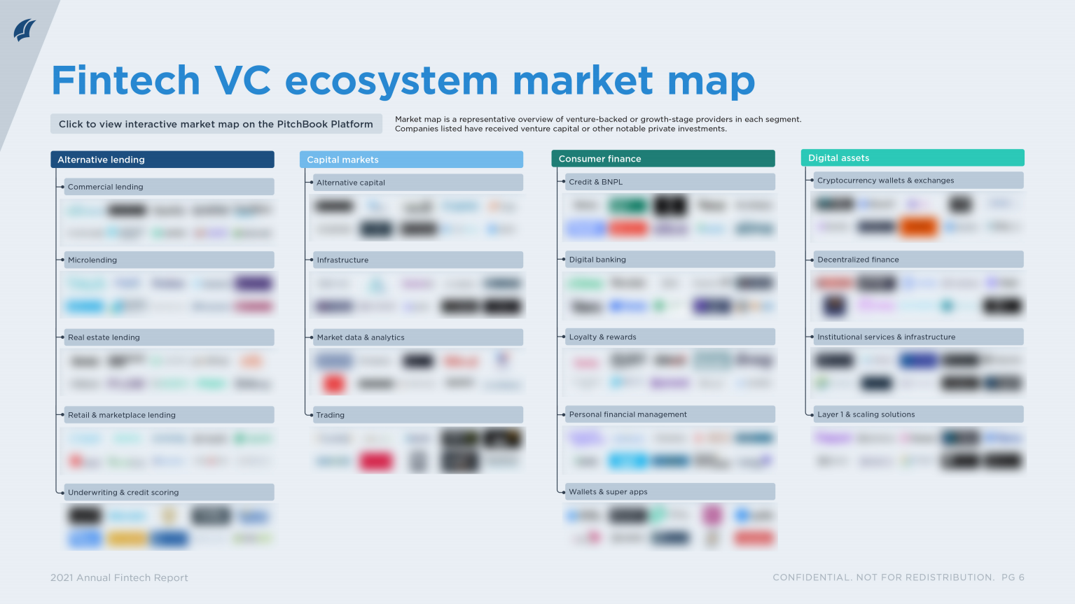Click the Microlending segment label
(x=92, y=260)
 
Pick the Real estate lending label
(x=104, y=337)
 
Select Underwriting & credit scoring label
(x=123, y=493)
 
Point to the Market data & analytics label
(x=361, y=337)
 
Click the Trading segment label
(x=331, y=415)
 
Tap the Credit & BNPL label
(x=596, y=182)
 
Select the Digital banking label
(x=597, y=260)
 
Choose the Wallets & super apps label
(x=608, y=492)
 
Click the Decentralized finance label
(x=858, y=260)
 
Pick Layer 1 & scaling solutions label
(x=866, y=414)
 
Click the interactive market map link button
(x=216, y=124)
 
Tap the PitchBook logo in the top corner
(x=25, y=31)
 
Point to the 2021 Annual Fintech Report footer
(x=119, y=577)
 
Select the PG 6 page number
(x=1013, y=577)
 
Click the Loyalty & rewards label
(x=602, y=337)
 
